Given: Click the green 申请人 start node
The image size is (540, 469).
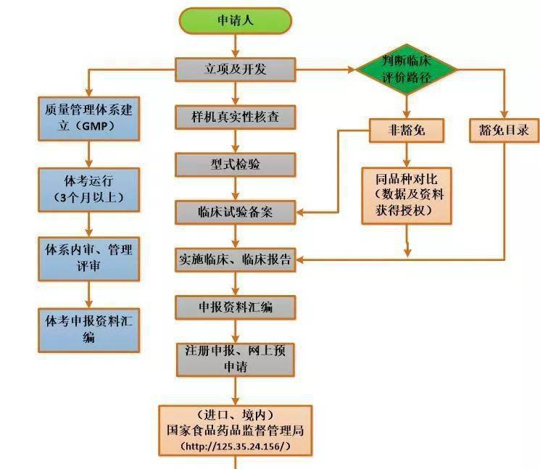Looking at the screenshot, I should (235, 20).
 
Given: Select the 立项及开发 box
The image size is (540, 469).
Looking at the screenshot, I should (235, 70).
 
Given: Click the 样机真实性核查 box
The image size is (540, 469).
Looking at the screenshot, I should (235, 117).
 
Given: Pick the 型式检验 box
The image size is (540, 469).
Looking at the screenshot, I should (235, 165).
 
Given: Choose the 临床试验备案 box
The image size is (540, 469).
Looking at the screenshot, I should (235, 212).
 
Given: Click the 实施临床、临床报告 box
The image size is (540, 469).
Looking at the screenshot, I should (235, 260).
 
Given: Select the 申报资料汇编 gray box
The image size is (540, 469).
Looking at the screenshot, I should (235, 307).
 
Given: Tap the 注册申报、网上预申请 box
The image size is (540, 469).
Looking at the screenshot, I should (235, 360).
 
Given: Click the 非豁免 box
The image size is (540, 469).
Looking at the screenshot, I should (406, 130).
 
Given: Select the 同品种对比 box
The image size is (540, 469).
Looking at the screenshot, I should (406, 194).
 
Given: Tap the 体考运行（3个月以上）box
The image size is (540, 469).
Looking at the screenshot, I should (88, 187).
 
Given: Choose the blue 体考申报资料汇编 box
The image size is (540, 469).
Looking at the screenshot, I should (88, 328).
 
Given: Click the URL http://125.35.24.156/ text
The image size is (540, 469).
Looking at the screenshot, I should (236, 445).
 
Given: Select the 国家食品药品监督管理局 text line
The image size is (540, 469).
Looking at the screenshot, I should (236, 430).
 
